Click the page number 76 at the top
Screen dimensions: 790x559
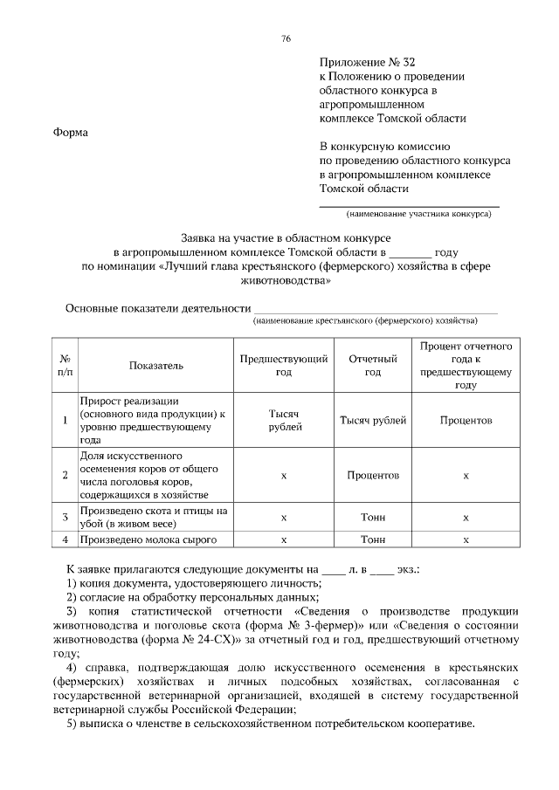click(x=286, y=38)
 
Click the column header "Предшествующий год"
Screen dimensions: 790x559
click(x=285, y=365)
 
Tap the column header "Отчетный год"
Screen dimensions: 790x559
click(x=373, y=365)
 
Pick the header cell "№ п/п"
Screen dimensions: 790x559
click(x=65, y=365)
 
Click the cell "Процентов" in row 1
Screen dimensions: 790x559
click(x=466, y=420)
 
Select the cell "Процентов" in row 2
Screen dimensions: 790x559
click(x=373, y=476)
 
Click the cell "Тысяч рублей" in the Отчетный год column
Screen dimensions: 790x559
click(x=373, y=420)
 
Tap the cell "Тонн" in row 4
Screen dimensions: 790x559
click(x=373, y=539)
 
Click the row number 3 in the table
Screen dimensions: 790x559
click(x=65, y=518)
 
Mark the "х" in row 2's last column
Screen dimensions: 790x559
click(x=466, y=476)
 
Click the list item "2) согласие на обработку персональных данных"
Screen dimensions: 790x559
click(x=194, y=597)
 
